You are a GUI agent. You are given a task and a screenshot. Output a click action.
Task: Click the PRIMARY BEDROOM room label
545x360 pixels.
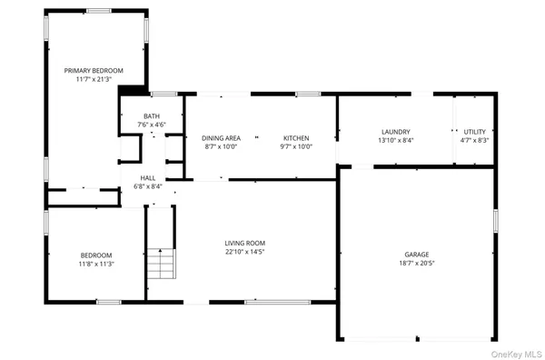(x=94, y=70)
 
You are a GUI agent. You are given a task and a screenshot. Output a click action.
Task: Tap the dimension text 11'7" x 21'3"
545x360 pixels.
(x=94, y=80)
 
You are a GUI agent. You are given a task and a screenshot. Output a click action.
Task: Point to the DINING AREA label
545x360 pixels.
(x=220, y=137)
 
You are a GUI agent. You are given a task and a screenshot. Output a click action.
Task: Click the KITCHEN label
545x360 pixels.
(x=296, y=137)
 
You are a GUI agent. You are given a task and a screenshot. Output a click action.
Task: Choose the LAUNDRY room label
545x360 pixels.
(x=395, y=131)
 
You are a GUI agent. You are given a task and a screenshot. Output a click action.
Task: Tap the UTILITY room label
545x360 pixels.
(x=475, y=131)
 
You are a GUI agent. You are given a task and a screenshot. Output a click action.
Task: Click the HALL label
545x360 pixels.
(x=147, y=177)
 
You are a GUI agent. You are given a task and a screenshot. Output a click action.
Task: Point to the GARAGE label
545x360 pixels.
(x=417, y=254)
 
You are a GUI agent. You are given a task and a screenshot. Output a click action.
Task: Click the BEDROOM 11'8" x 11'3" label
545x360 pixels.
(x=95, y=255)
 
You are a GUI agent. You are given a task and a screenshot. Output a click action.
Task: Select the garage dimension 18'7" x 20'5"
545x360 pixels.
(x=417, y=264)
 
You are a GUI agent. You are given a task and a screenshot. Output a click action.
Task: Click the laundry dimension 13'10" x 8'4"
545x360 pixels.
(x=395, y=141)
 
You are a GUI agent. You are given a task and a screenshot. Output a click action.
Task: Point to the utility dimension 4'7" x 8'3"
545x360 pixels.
(x=475, y=141)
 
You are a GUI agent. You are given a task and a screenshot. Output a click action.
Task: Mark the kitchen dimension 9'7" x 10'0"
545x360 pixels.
(x=296, y=146)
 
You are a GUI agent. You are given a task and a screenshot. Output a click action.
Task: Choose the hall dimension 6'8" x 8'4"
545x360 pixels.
(x=147, y=186)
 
